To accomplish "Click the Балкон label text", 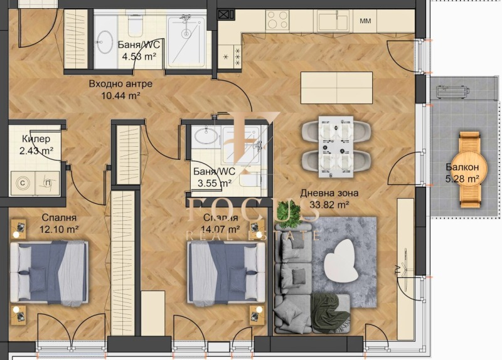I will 462,167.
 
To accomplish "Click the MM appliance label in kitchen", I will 365,21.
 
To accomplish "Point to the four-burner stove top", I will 277,20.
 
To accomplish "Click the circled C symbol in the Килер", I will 23,183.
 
